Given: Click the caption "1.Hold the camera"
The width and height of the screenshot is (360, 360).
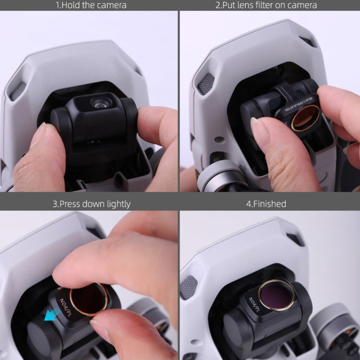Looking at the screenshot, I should [90, 5].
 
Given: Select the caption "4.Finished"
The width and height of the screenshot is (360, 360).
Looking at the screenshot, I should [266, 204].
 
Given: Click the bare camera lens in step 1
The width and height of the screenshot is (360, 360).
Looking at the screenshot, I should [98, 103].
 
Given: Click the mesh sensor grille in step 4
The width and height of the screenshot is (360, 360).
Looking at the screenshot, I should [188, 287].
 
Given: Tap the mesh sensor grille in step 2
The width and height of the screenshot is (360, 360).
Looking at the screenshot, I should [206, 84].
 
